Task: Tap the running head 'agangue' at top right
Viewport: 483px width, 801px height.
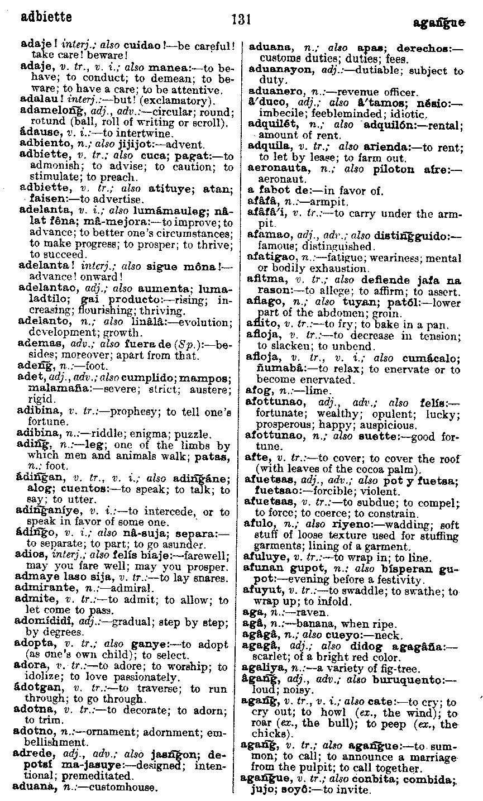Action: [439, 23]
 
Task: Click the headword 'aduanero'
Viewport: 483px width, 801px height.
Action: [272, 92]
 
